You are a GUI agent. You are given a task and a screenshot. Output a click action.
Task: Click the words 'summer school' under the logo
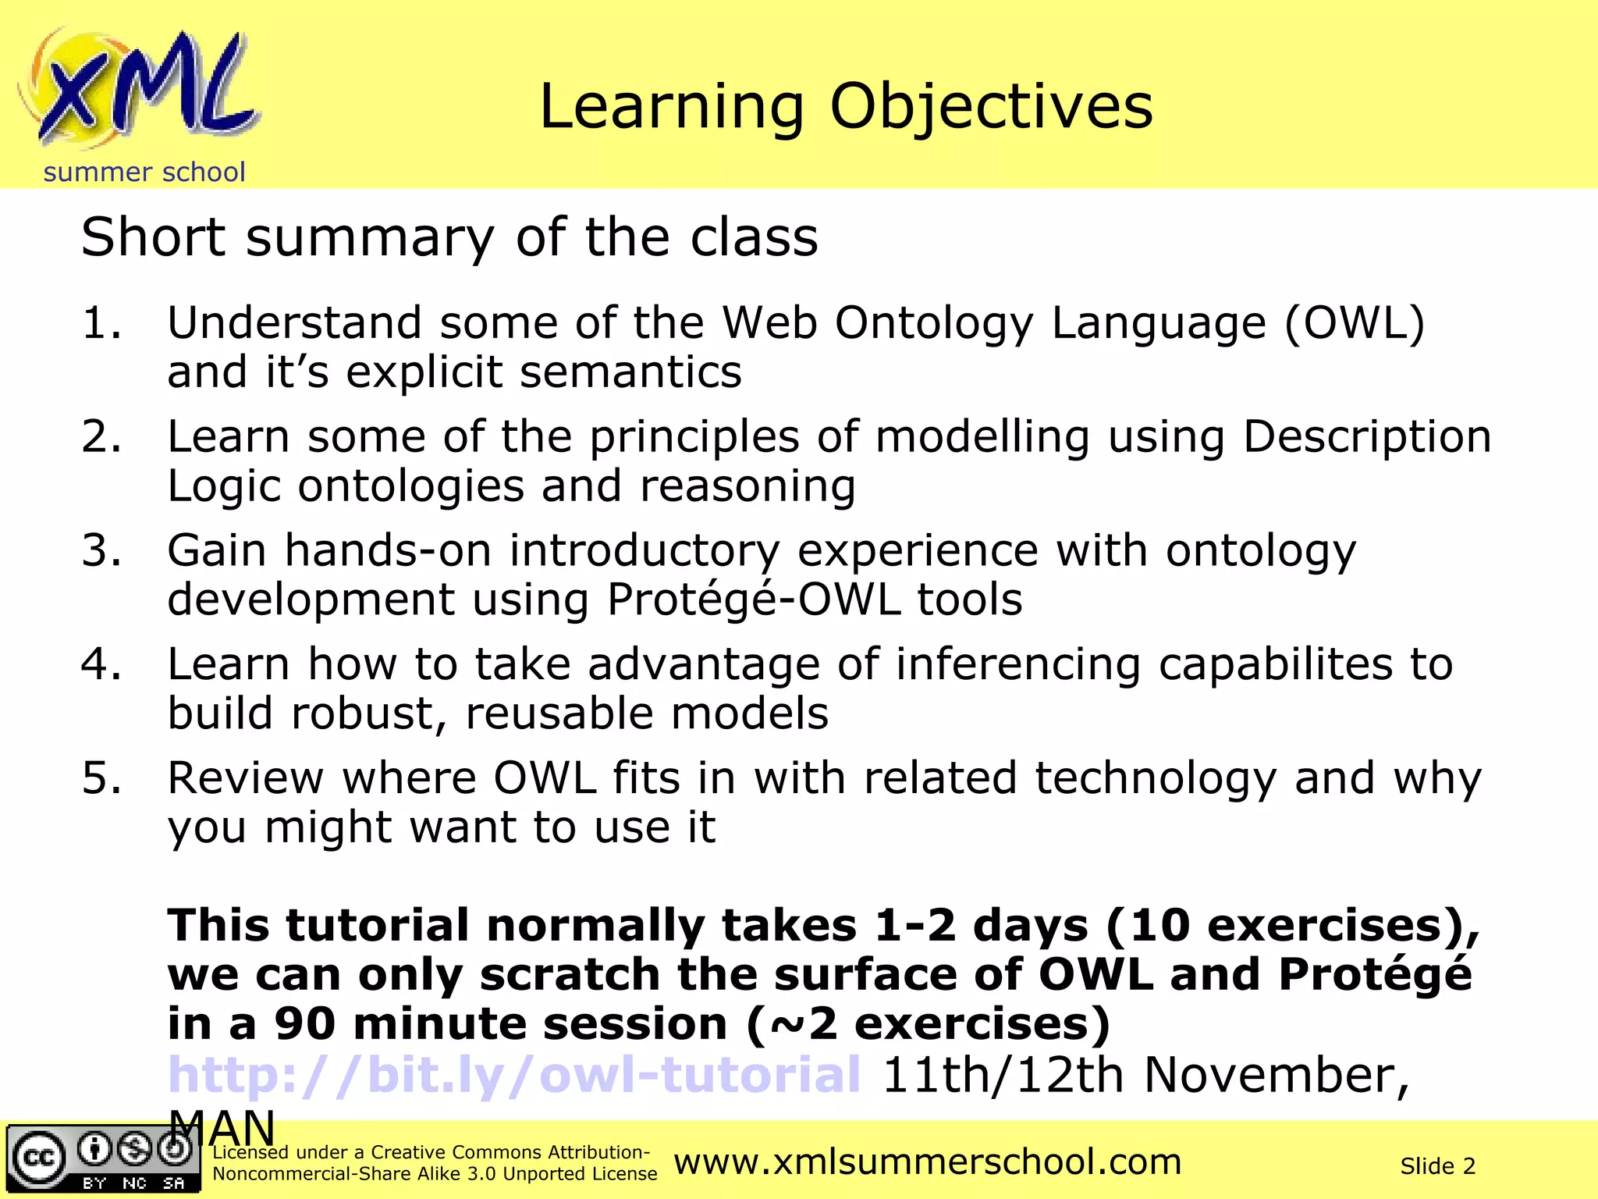pyautogui.click(x=144, y=172)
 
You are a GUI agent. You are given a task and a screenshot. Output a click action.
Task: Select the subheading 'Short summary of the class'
pyautogui.click(x=449, y=237)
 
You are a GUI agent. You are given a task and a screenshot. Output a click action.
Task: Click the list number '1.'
pyautogui.click(x=101, y=323)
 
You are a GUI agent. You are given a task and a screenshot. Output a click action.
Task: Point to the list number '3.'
pyautogui.click(x=101, y=550)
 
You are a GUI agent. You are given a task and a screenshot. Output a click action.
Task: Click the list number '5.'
pyautogui.click(x=101, y=778)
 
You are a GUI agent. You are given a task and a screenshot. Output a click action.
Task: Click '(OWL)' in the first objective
pyautogui.click(x=1355, y=323)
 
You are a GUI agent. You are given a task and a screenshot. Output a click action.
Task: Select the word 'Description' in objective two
pyautogui.click(x=1366, y=436)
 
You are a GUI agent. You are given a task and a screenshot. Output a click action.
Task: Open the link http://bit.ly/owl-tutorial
pyautogui.click(x=514, y=1075)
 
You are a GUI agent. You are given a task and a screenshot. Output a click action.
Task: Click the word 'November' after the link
pyautogui.click(x=1277, y=1075)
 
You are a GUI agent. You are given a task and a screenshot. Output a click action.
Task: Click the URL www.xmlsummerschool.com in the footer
pyautogui.click(x=927, y=1162)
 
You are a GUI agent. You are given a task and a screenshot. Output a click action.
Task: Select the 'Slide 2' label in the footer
pyautogui.click(x=1437, y=1166)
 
